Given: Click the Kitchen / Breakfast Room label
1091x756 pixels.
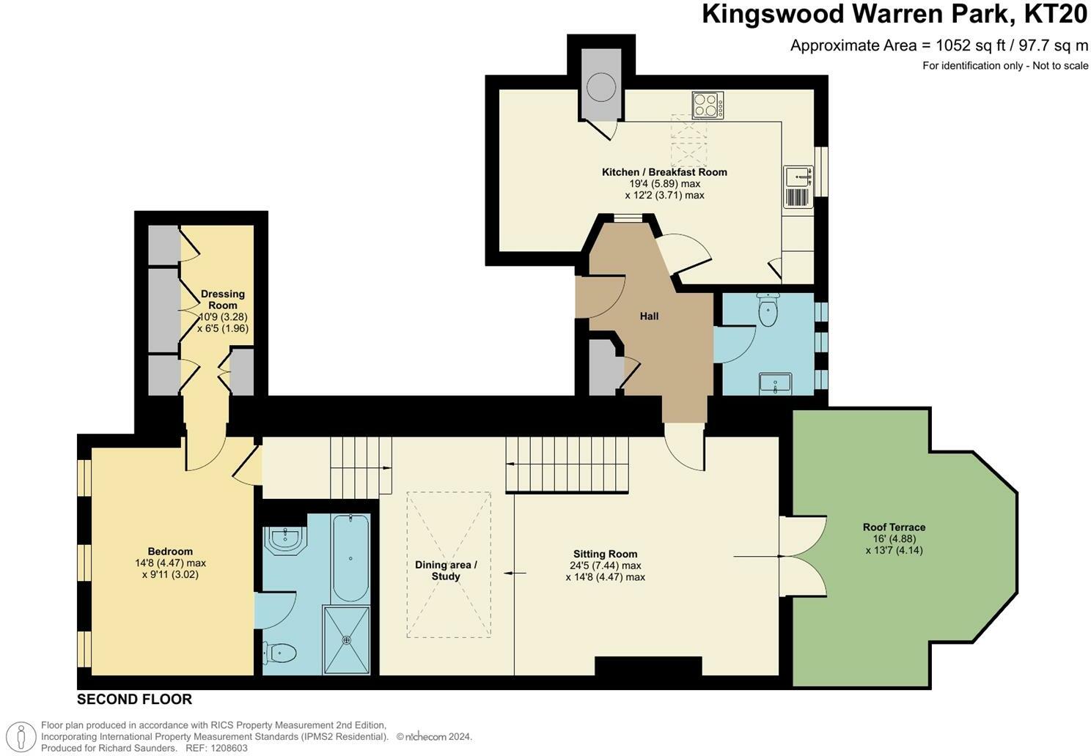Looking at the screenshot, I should [x=664, y=172].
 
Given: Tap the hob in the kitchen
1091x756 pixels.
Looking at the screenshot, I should [x=707, y=105].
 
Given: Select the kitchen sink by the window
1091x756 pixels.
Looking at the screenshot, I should [x=798, y=177].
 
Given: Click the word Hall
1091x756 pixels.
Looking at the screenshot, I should [x=649, y=316].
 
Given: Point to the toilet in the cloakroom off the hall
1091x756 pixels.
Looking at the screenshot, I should [x=767, y=311].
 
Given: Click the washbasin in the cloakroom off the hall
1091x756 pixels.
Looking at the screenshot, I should [x=776, y=383].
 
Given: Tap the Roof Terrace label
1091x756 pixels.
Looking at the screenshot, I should [x=894, y=527].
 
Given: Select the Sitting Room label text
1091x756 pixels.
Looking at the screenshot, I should [x=605, y=554].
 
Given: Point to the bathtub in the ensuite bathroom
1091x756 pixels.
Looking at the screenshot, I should [x=350, y=557].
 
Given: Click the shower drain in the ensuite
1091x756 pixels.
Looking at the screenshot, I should [x=346, y=640].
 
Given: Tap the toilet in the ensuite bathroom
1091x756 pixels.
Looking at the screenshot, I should [x=280, y=652].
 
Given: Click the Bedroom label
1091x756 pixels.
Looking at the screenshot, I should [x=170, y=551].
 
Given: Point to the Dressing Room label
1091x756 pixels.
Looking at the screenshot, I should [x=223, y=300].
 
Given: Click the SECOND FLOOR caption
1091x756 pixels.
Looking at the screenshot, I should [x=134, y=700].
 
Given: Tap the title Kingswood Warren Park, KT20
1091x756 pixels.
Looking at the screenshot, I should [x=894, y=15].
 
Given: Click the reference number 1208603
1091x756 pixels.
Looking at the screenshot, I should [x=227, y=748].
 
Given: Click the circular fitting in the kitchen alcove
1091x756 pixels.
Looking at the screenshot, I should [x=601, y=87].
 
